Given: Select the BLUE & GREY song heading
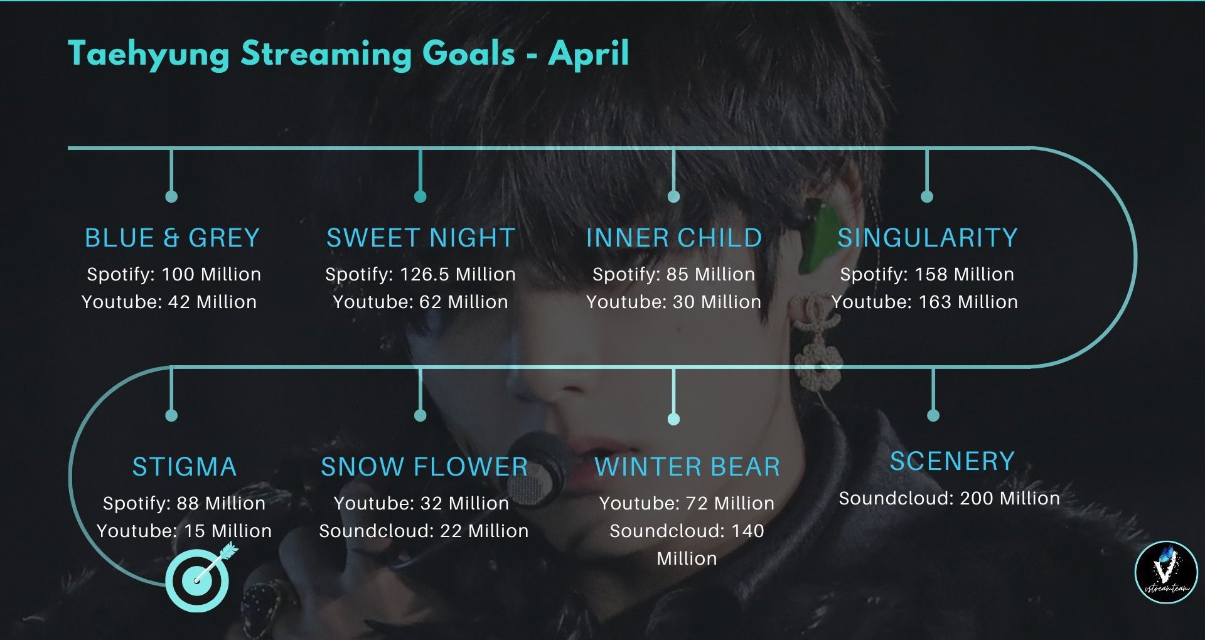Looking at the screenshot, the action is [172, 238].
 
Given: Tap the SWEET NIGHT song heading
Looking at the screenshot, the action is [420, 238].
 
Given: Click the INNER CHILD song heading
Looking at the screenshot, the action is [674, 238].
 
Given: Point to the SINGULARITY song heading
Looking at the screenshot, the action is [928, 238].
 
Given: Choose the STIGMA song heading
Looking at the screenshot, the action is [185, 467].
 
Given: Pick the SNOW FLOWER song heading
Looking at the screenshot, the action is [424, 467].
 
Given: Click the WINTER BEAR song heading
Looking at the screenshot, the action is [687, 467].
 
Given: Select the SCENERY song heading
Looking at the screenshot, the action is [952, 461].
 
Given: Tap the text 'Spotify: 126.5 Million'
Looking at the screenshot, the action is [420, 274].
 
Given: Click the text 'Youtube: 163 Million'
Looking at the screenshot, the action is [925, 302].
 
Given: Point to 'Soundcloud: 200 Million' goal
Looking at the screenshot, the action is [950, 498].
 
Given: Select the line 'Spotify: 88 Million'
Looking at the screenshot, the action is [185, 503].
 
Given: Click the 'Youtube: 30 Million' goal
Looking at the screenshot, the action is [674, 302].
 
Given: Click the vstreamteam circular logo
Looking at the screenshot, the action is [1167, 572].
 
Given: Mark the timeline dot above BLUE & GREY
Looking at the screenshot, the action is [171, 196].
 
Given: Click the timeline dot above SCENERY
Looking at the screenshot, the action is [933, 415].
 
